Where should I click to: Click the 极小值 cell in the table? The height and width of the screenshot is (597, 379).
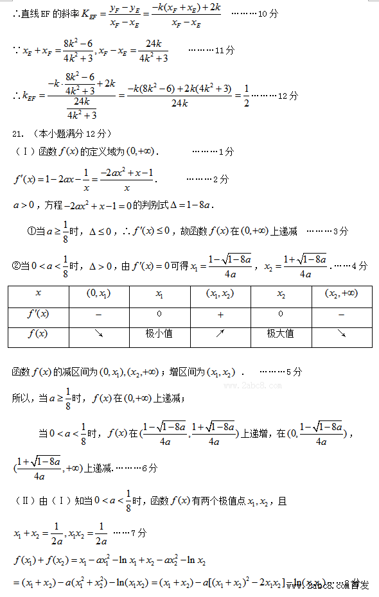point(159,334)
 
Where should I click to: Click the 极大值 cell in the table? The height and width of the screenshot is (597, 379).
point(280,334)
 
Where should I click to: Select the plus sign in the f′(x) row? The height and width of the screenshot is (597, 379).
point(220,315)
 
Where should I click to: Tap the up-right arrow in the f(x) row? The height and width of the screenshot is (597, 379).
point(220,334)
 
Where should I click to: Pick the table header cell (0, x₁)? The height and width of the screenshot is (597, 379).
point(98,293)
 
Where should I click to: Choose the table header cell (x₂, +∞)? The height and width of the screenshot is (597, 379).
point(342,293)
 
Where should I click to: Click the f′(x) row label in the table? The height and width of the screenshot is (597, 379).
point(38,315)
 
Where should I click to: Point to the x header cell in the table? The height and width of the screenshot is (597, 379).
point(38,293)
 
